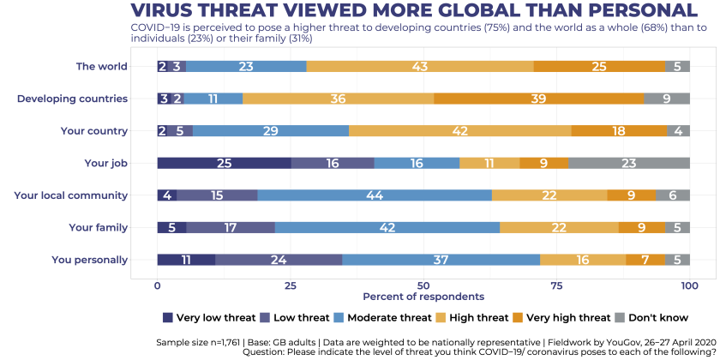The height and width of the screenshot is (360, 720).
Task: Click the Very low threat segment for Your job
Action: point(224,163)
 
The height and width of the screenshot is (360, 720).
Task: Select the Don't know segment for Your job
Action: point(629,163)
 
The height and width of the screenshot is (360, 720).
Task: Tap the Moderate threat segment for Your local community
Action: point(375,195)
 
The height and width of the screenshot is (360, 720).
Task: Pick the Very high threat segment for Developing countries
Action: point(538,99)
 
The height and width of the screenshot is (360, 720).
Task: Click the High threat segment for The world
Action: point(420,67)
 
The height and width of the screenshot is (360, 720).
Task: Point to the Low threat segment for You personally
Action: point(279,260)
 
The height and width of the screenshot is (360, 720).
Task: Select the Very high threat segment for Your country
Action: point(619,131)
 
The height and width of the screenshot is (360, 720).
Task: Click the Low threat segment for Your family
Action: point(231,227)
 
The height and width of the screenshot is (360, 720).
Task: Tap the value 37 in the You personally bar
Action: point(441,260)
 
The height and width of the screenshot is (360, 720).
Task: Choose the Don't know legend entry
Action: point(651,317)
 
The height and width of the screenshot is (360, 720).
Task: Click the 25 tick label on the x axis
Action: point(290,284)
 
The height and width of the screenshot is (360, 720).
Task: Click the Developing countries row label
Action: point(72,99)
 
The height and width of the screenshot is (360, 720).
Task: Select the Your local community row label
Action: point(70,195)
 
